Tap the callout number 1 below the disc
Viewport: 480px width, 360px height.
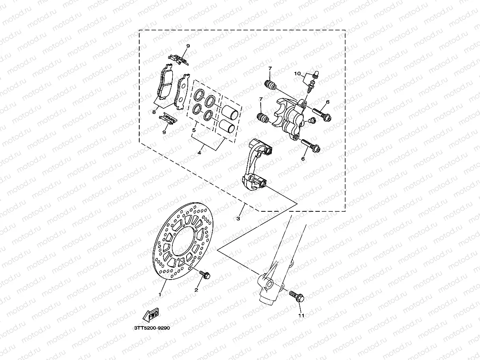160,294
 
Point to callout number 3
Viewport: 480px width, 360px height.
238,217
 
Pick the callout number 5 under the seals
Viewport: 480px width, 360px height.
194,129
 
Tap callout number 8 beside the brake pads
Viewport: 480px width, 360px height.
154,112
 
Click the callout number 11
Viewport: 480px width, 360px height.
301,315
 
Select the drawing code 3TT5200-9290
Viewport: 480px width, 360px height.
151,328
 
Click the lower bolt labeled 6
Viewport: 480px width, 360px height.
311,145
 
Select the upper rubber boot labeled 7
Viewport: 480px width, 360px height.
269,85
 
